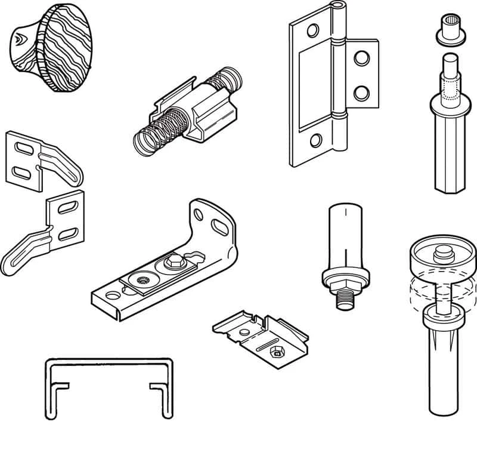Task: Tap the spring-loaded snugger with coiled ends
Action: pos(188,110)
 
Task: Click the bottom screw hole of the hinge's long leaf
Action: pos(315,141)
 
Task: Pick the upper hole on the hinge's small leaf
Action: pos(361,59)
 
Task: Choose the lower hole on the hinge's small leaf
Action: pos(361,92)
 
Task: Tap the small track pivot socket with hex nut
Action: pos(262,334)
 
